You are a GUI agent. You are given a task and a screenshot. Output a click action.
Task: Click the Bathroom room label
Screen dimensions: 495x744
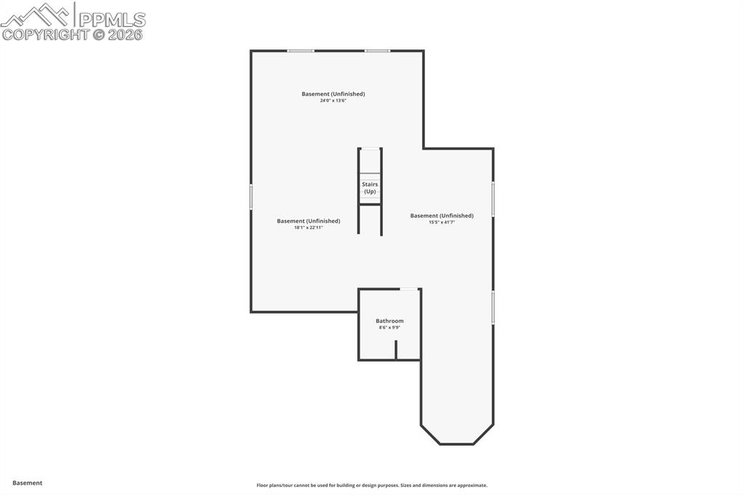pyautogui.click(x=389, y=321)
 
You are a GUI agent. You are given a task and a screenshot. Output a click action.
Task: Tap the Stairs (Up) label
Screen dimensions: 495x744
pyautogui.click(x=370, y=188)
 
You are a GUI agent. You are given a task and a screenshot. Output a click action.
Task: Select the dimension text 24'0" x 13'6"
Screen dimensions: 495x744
pyautogui.click(x=333, y=101)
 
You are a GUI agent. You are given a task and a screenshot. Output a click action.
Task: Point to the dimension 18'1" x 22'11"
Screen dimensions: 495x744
pyautogui.click(x=308, y=228)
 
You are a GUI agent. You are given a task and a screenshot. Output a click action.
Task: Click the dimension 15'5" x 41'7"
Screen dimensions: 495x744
pyautogui.click(x=442, y=223)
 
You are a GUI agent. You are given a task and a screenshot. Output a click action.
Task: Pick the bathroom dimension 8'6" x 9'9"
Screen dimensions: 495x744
pyautogui.click(x=389, y=328)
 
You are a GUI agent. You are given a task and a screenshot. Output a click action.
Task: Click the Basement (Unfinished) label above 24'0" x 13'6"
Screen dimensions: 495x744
pyautogui.click(x=333, y=94)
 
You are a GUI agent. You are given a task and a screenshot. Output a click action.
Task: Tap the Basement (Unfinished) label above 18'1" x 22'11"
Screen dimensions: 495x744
pyautogui.click(x=308, y=221)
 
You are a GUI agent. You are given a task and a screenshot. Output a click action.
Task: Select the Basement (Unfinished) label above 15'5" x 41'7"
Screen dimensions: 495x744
pyautogui.click(x=442, y=216)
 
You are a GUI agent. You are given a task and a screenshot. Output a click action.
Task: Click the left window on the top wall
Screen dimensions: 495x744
pyautogui.click(x=300, y=51)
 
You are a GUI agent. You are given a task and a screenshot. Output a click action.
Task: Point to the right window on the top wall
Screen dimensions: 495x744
pyautogui.click(x=377, y=51)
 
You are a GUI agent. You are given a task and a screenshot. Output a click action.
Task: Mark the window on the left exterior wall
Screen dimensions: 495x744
pyautogui.click(x=251, y=197)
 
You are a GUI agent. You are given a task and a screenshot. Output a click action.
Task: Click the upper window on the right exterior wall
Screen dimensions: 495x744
pyautogui.click(x=493, y=199)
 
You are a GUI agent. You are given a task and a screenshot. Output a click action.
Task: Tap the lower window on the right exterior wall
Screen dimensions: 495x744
pyautogui.click(x=493, y=307)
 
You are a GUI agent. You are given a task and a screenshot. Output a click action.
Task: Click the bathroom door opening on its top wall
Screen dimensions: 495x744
pyautogui.click(x=410, y=289)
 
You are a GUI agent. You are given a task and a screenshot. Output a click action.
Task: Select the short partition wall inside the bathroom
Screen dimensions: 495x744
pyautogui.click(x=396, y=350)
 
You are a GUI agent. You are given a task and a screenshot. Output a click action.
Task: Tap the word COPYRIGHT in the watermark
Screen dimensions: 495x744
pyautogui.click(x=45, y=34)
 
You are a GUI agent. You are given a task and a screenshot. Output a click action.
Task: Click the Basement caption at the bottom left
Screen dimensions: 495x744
pyautogui.click(x=28, y=483)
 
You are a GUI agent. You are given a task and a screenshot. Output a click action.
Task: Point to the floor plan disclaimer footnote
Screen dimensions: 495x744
pyautogui.click(x=371, y=486)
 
